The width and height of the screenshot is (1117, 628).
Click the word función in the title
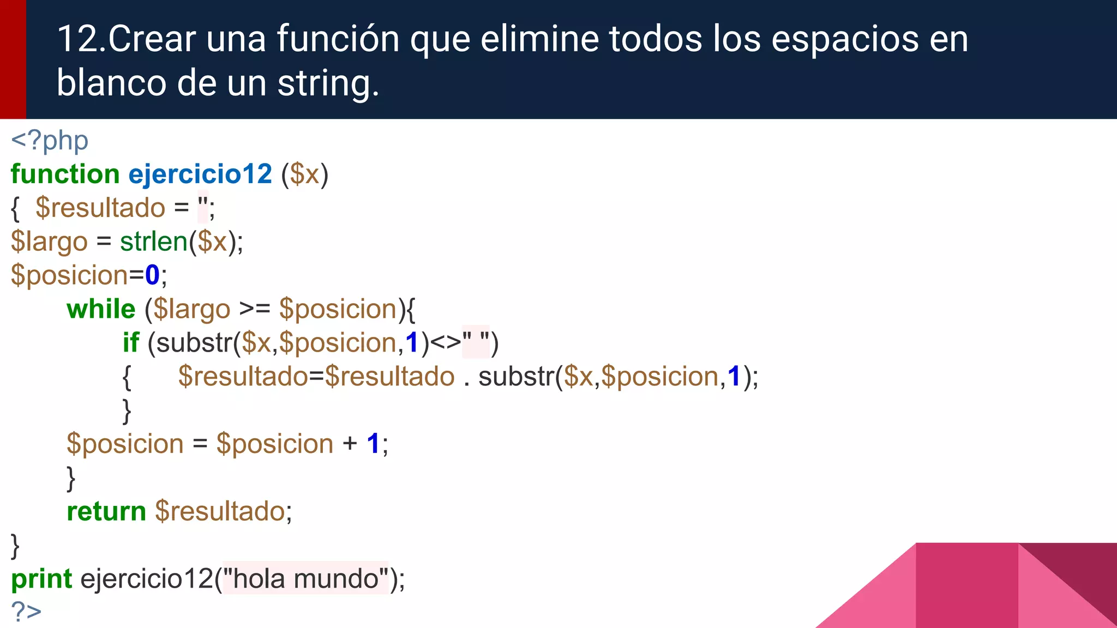(x=338, y=39)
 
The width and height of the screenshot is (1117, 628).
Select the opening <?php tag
(x=50, y=141)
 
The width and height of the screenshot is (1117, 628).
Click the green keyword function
(x=65, y=174)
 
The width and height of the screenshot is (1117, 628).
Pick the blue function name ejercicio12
(x=200, y=174)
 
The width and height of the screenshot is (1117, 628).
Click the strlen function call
(x=154, y=241)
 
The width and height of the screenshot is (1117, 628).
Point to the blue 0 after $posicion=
(x=152, y=275)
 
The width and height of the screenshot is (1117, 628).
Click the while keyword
(x=101, y=309)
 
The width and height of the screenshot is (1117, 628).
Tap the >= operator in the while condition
(x=255, y=309)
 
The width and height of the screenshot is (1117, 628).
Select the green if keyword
(x=131, y=343)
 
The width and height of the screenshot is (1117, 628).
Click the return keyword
(x=106, y=511)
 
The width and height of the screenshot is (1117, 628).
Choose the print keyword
(x=41, y=579)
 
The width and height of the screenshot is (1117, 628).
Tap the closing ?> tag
(x=26, y=612)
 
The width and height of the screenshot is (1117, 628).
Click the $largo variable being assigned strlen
(x=49, y=241)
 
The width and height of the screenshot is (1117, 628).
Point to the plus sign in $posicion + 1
(x=350, y=444)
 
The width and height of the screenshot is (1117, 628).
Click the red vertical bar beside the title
(x=13, y=59)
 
